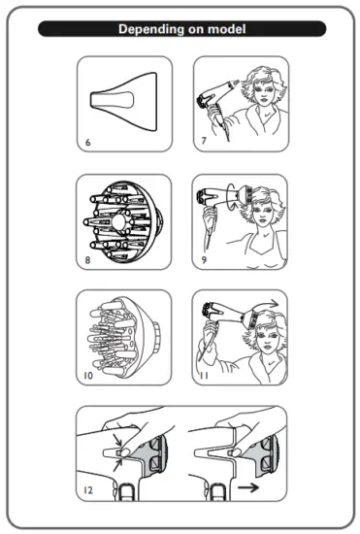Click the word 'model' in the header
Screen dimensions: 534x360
click(224, 30)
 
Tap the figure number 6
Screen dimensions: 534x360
click(86, 141)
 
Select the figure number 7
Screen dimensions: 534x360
click(203, 141)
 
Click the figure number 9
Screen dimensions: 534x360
click(203, 259)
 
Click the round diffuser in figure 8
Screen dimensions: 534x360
click(125, 219)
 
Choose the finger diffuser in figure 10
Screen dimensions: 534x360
click(124, 335)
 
